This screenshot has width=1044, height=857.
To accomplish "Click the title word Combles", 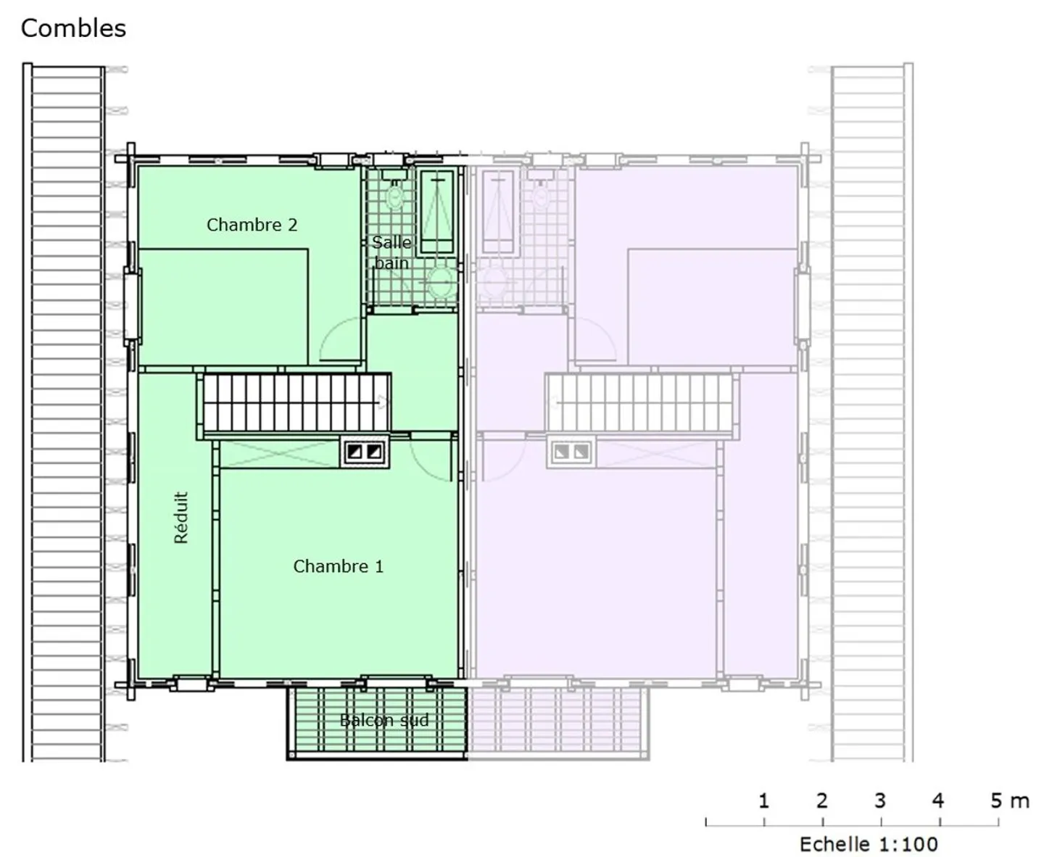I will tap(73, 28).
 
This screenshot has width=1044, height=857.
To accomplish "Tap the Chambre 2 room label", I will tap(252, 225).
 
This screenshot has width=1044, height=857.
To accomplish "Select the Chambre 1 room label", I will tap(338, 566).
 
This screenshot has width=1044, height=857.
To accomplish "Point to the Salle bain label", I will tap(391, 252).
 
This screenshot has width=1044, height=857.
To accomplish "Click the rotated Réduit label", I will tap(181, 518).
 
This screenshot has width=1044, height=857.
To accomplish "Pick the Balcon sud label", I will tap(384, 720).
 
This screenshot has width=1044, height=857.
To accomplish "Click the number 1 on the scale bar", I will tap(763, 800).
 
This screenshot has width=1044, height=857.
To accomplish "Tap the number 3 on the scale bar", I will tap(880, 800).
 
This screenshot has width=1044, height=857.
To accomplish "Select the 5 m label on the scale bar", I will tap(1009, 800).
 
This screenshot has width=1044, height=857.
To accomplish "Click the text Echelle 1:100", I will tap(869, 844).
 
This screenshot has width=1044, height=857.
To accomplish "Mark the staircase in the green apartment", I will tap(295, 402).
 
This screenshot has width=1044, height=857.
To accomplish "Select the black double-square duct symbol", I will tap(365, 452).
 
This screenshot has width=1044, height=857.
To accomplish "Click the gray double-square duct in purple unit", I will tap(571, 452).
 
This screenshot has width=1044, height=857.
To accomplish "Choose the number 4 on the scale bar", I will tap(938, 800).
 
